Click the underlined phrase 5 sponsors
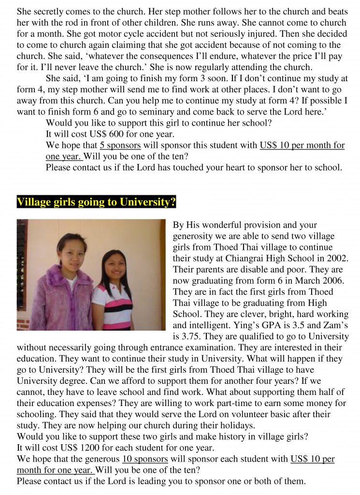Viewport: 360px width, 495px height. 120,146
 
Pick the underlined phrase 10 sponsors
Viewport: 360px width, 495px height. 145,459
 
